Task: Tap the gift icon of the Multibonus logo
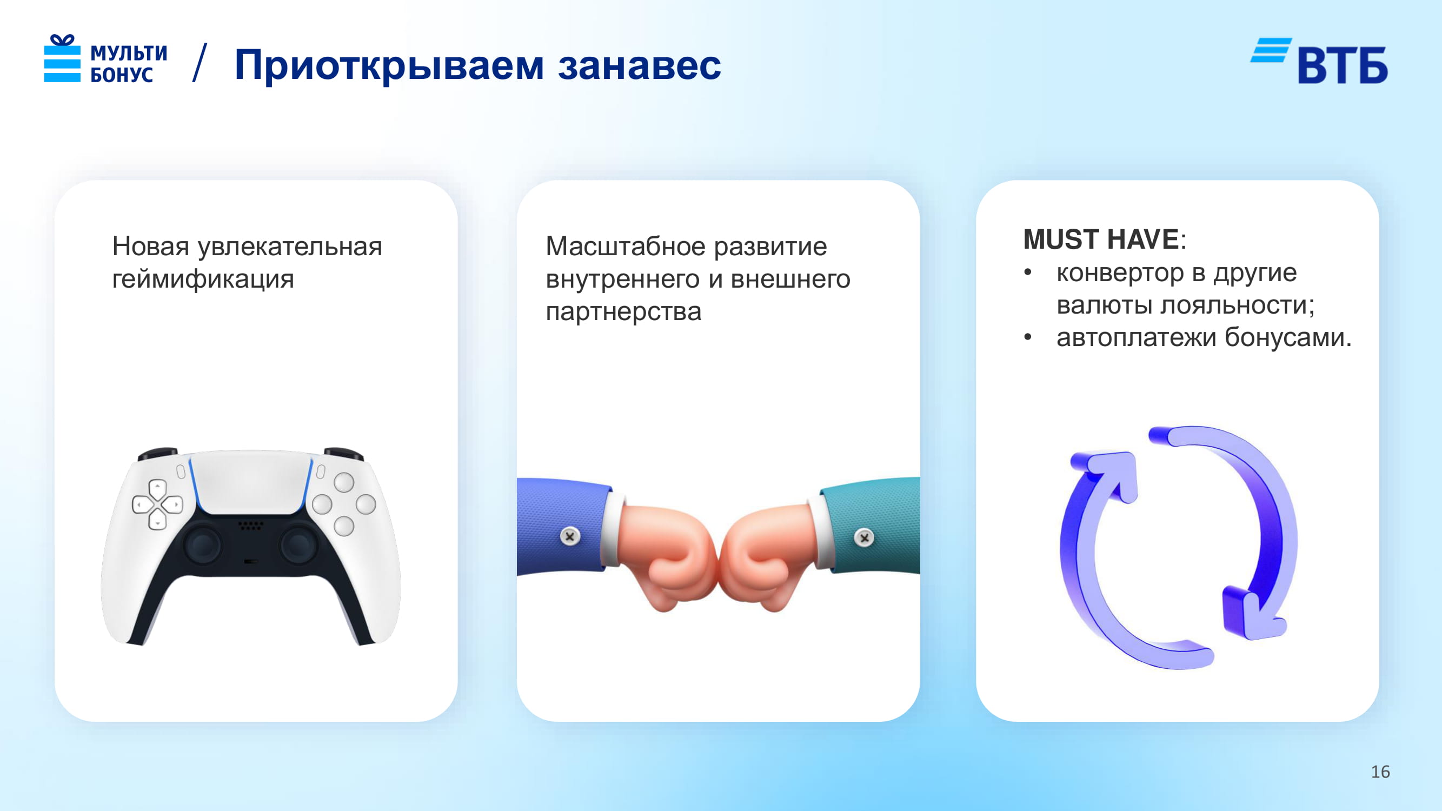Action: (x=62, y=58)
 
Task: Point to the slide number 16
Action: (x=1380, y=772)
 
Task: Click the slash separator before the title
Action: (x=200, y=63)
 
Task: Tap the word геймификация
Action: (x=203, y=279)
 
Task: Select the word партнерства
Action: (x=623, y=312)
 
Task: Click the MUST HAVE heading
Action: (x=1101, y=240)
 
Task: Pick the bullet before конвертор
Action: (x=1028, y=272)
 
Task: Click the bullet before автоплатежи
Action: (x=1028, y=337)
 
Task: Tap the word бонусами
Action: (x=1288, y=337)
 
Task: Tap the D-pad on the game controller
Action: (x=157, y=504)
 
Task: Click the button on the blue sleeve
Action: (x=570, y=536)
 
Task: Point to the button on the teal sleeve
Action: (x=865, y=538)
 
